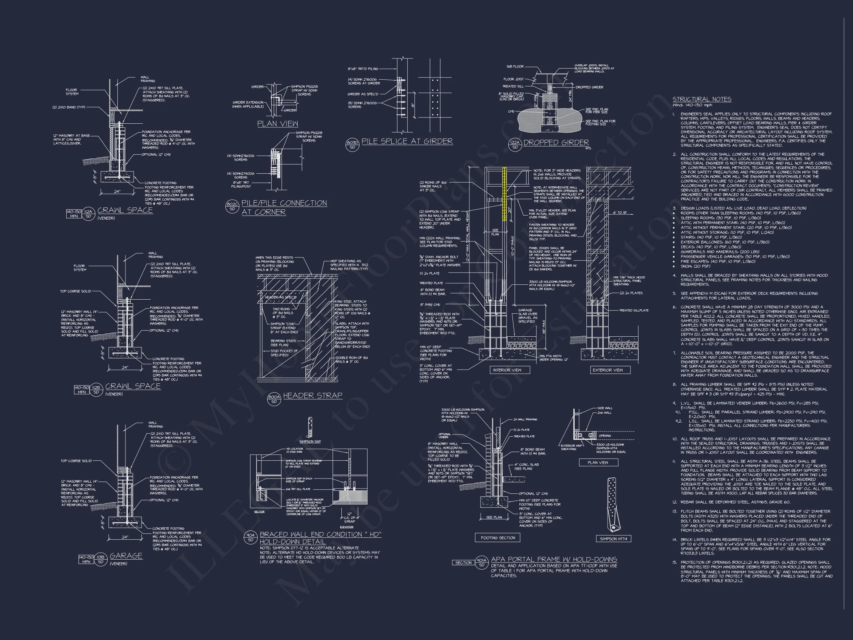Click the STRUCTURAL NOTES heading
tap(702, 99)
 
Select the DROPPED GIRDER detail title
tap(556, 142)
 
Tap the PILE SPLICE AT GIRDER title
tap(407, 141)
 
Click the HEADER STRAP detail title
tap(312, 396)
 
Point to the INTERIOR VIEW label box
tap(507, 370)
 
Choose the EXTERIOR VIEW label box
tap(608, 370)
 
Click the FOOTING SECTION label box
tap(498, 537)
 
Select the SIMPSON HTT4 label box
tap(613, 539)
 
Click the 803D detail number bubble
tap(352, 145)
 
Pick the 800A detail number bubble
tap(274, 399)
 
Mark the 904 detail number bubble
tap(251, 537)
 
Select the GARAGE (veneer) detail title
tap(126, 556)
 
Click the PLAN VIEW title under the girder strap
tap(278, 123)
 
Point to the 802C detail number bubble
tap(232, 206)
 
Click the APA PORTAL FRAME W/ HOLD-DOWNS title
tap(554, 559)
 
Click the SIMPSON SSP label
tap(310, 441)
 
